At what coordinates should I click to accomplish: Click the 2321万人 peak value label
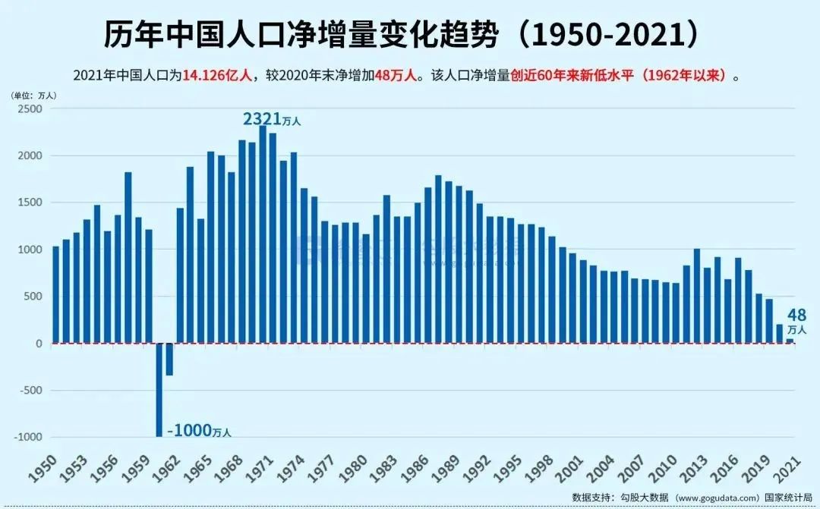point(272,119)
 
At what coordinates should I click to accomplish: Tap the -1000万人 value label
point(198,430)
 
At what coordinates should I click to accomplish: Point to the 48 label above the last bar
point(796,315)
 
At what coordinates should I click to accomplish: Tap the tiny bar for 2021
point(790,341)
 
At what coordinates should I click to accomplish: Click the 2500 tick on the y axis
point(30,108)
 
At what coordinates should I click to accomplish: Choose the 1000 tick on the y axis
point(30,250)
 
